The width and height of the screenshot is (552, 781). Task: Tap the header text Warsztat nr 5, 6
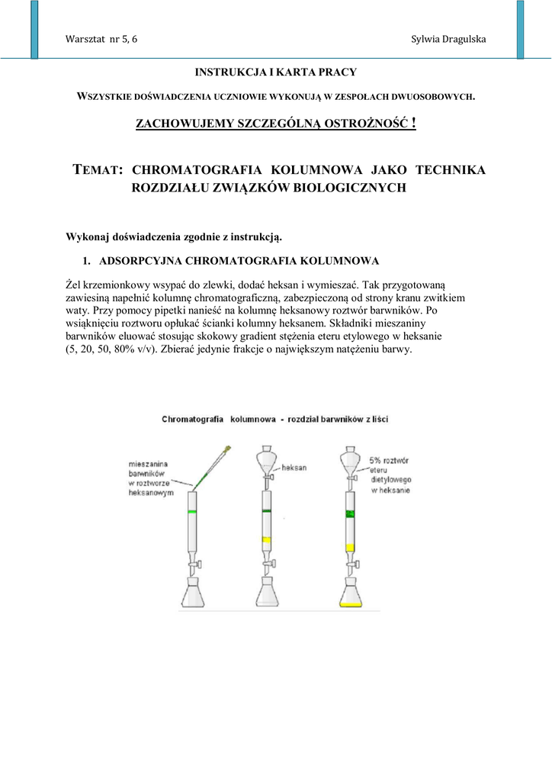pyautogui.click(x=102, y=39)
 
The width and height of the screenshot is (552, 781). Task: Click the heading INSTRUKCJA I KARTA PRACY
pyautogui.click(x=276, y=72)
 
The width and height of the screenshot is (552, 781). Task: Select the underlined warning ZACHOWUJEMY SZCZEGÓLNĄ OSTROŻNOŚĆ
pyautogui.click(x=275, y=124)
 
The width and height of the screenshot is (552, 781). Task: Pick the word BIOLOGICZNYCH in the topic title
pyautogui.click(x=348, y=188)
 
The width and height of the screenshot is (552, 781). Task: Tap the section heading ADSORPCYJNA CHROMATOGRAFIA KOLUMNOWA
pyautogui.click(x=239, y=261)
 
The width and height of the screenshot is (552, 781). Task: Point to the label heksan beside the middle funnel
pyautogui.click(x=294, y=467)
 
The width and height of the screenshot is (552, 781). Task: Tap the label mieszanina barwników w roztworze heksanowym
pyautogui.click(x=150, y=477)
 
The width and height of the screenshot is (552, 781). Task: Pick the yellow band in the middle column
pyautogui.click(x=267, y=540)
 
